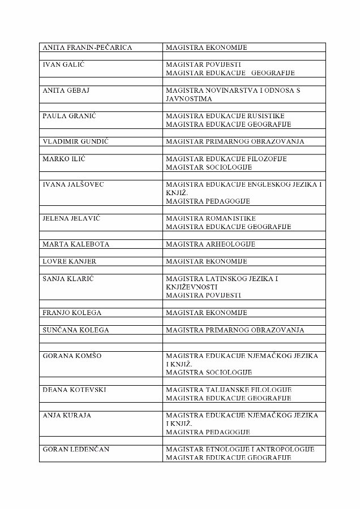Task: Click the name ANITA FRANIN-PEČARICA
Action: tap(87, 48)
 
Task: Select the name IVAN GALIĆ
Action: tap(63, 64)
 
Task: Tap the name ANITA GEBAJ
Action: tap(66, 90)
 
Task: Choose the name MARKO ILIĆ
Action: tap(64, 159)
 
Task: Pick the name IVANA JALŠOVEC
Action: tap(73, 184)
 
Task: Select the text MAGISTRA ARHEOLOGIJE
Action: tap(211, 244)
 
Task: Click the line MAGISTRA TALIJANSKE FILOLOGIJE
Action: tap(229, 390)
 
